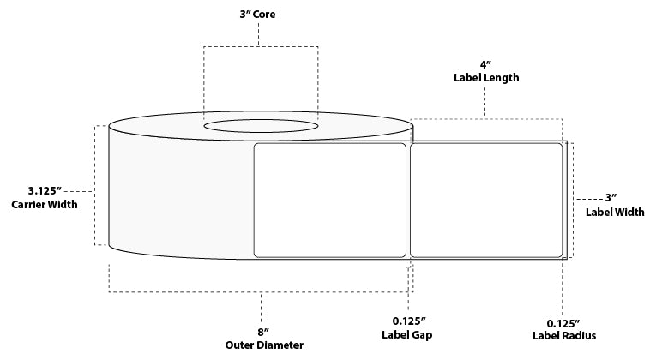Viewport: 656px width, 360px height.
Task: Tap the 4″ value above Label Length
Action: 486,63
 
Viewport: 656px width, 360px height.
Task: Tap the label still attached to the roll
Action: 330,200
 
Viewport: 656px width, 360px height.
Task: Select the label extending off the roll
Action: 485,200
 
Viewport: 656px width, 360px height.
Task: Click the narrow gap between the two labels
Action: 409,200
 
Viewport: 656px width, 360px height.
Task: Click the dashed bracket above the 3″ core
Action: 260,46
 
